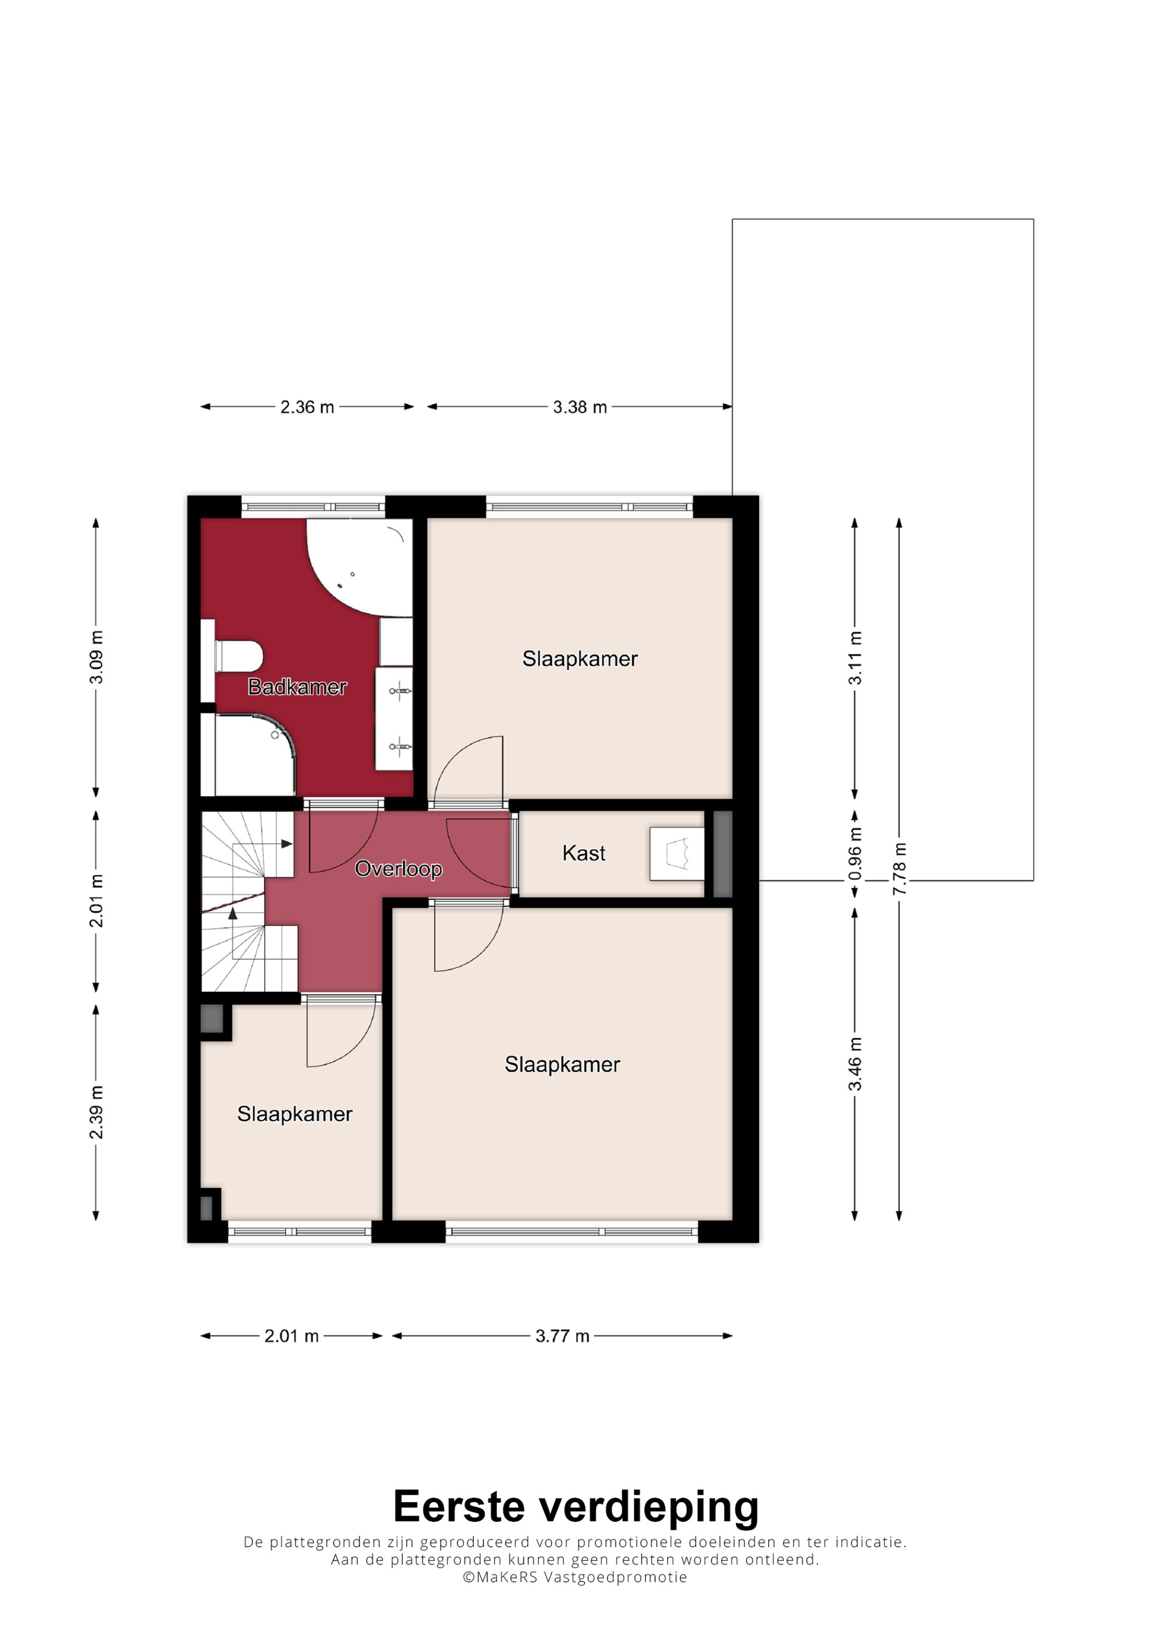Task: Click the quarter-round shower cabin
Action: click(251, 755)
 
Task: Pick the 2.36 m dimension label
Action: click(307, 407)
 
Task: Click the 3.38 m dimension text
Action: click(580, 407)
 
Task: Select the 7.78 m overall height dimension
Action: click(899, 869)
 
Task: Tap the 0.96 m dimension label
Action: click(855, 854)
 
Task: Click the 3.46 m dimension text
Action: click(855, 1064)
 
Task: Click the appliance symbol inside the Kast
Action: click(677, 854)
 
